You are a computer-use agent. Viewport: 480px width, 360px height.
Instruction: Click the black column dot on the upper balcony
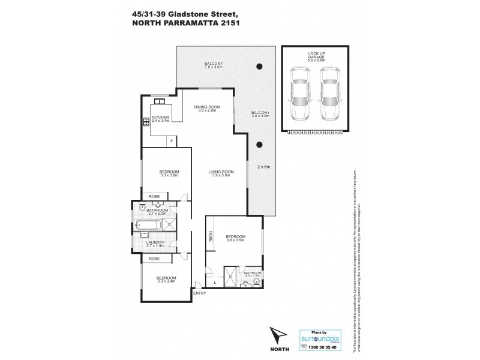(x=259, y=66)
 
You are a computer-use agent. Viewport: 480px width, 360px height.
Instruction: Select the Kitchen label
(x=161, y=119)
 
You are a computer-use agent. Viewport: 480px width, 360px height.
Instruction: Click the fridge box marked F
(x=172, y=140)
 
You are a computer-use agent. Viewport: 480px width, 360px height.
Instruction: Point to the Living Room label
(x=221, y=174)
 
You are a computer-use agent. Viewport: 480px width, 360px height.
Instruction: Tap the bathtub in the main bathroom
(x=148, y=226)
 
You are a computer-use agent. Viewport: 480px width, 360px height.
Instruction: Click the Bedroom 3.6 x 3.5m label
(x=235, y=239)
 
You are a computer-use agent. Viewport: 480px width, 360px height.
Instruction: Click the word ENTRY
(x=199, y=293)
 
